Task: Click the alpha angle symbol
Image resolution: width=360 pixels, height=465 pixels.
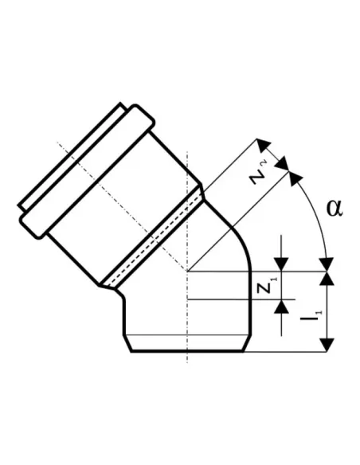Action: [x=335, y=208]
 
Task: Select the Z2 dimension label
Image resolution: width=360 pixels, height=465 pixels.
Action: [x=256, y=175]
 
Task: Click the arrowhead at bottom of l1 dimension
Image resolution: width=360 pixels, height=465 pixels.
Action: [x=327, y=345]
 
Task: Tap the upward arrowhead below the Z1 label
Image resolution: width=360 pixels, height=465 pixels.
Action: [x=281, y=307]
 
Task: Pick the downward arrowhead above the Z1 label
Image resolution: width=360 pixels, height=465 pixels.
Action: [x=281, y=264]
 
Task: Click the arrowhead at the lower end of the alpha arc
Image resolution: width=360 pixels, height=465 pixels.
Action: [x=327, y=264]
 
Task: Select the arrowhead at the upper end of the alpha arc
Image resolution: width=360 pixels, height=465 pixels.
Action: [x=295, y=178]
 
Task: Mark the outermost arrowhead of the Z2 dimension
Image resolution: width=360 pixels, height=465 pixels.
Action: [x=264, y=144]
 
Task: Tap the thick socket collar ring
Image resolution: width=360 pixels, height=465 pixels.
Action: [x=87, y=171]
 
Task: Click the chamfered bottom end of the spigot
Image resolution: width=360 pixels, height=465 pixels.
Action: [x=187, y=343]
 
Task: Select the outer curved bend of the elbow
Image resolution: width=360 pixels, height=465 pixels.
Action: [x=237, y=234]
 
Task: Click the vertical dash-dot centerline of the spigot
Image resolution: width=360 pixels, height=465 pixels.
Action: [x=187, y=257]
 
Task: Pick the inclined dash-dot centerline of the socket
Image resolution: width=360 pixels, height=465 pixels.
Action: [x=122, y=207]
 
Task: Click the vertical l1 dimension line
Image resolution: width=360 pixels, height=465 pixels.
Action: [x=327, y=311]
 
